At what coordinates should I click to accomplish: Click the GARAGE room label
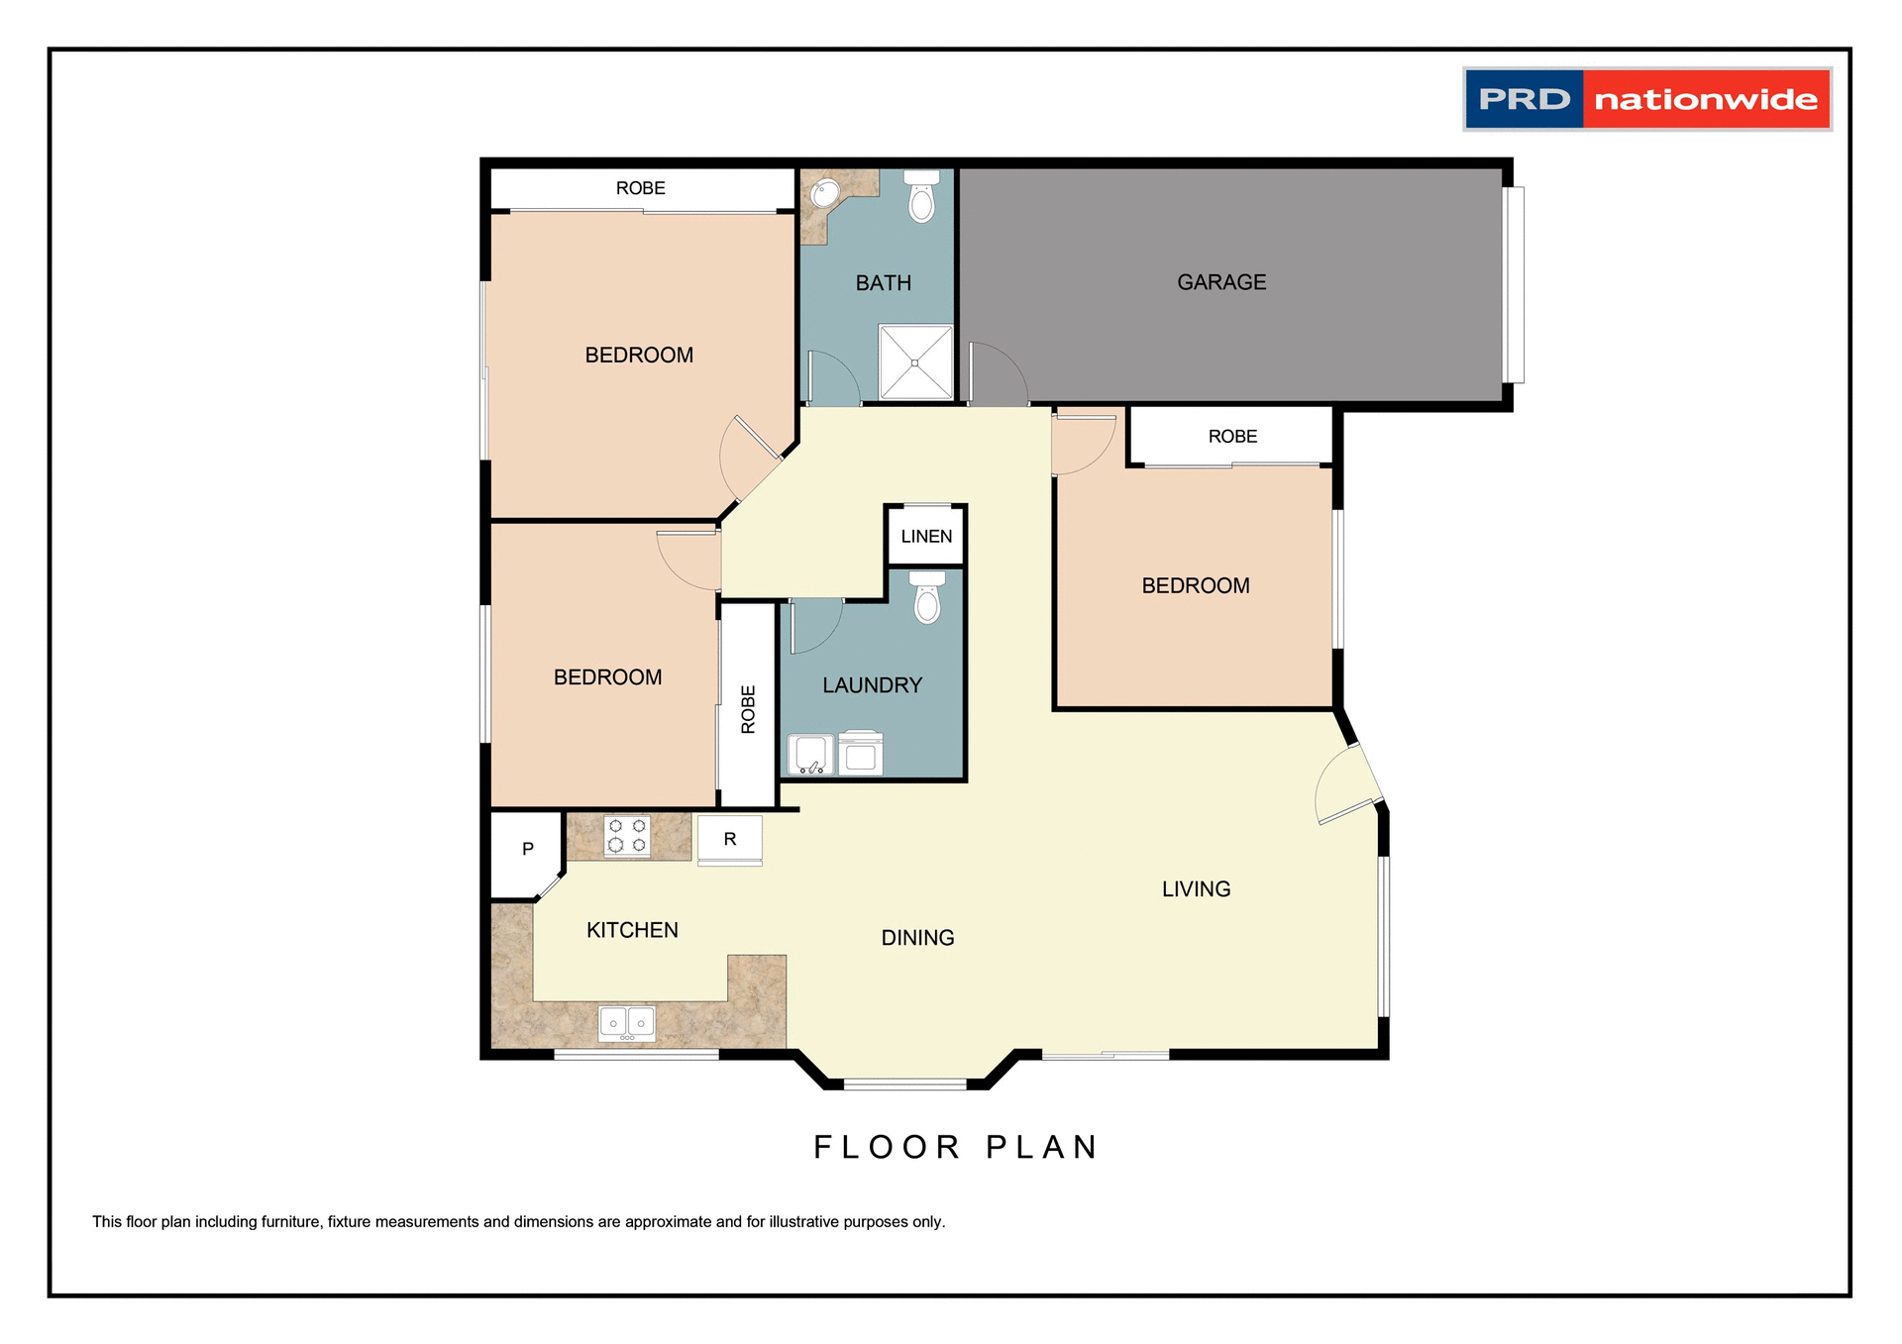pyautogui.click(x=1220, y=282)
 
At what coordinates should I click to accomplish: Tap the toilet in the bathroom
pyautogui.click(x=921, y=197)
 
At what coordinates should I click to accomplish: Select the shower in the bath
pyautogui.click(x=915, y=362)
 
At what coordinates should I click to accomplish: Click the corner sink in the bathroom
pyautogui.click(x=824, y=193)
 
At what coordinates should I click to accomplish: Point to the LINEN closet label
pyautogui.click(x=926, y=537)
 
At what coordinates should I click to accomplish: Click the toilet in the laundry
pyautogui.click(x=927, y=598)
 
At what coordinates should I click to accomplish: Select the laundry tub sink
pyautogui.click(x=810, y=754)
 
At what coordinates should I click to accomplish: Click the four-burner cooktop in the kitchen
pyautogui.click(x=627, y=835)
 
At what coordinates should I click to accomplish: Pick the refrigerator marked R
pyautogui.click(x=730, y=840)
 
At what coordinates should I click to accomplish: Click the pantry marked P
pyautogui.click(x=527, y=849)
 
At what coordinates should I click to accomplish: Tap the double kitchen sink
pyautogui.click(x=626, y=1022)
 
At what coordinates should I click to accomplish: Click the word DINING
pyautogui.click(x=917, y=938)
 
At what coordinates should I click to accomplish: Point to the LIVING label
pyautogui.click(x=1196, y=889)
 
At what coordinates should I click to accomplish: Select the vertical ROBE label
pyautogui.click(x=748, y=709)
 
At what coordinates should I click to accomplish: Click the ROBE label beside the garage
pyautogui.click(x=1232, y=437)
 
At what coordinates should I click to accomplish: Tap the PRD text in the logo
pyautogui.click(x=1524, y=100)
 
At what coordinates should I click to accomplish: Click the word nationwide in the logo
pyautogui.click(x=1706, y=100)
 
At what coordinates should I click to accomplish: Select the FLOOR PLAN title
pyautogui.click(x=955, y=1147)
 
